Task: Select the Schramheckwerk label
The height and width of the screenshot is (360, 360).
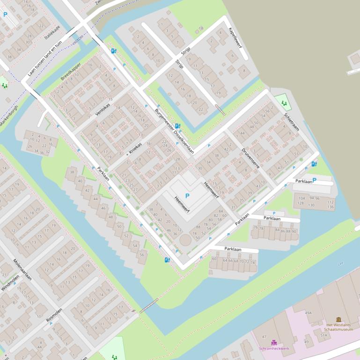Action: (x=274, y=348)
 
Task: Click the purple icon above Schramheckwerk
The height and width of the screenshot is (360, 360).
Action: (x=274, y=342)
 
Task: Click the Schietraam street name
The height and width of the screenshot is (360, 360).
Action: (x=291, y=122)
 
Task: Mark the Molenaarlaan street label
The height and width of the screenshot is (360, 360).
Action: (x=22, y=270)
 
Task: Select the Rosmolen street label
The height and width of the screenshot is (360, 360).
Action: (x=54, y=316)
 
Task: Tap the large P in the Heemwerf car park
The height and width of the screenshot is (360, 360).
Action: (x=188, y=196)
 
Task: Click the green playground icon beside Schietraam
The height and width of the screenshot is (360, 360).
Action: (x=284, y=103)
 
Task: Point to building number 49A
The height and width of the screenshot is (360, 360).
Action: (x=308, y=313)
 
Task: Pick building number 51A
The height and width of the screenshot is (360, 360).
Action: (x=323, y=335)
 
